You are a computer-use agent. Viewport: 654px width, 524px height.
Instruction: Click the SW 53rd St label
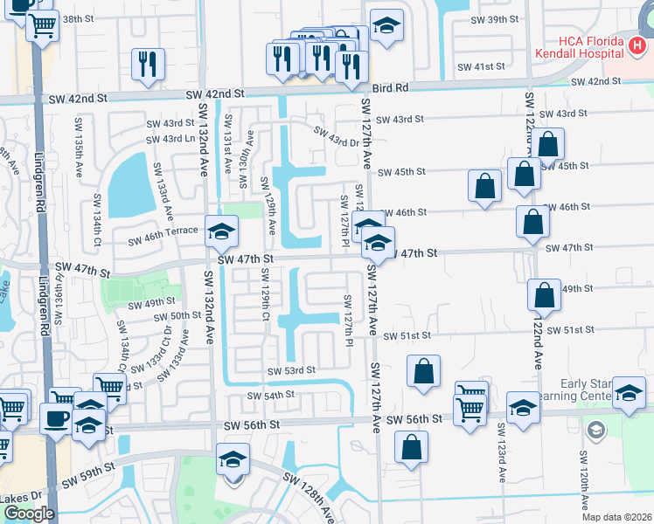[291, 371]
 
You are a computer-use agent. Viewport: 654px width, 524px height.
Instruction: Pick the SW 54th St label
[270, 396]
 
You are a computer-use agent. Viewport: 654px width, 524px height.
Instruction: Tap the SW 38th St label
[77, 18]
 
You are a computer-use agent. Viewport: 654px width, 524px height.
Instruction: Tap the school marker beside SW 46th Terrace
[222, 231]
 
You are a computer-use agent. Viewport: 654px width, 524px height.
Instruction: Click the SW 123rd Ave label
[502, 453]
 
